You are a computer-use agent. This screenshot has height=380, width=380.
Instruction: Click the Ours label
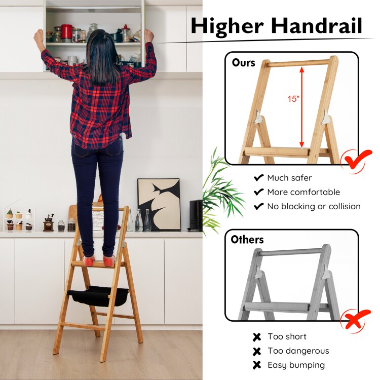[x=244, y=63]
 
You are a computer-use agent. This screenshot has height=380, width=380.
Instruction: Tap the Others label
[x=247, y=239]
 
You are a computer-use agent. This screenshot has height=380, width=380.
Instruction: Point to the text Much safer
[x=289, y=178]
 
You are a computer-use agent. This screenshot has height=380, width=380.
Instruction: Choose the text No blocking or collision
[x=314, y=206]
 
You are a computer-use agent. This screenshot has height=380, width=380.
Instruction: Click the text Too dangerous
[x=298, y=351]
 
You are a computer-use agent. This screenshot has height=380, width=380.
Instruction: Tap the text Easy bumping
[x=296, y=365]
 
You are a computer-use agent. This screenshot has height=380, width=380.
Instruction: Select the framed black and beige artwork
[x=159, y=204]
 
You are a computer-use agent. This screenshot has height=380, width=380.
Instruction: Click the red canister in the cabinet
[x=66, y=31]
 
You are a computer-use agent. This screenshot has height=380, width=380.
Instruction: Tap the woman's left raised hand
[x=39, y=35]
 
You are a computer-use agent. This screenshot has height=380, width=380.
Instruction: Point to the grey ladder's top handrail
[x=291, y=252]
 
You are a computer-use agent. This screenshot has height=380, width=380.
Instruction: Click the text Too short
[x=287, y=336]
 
